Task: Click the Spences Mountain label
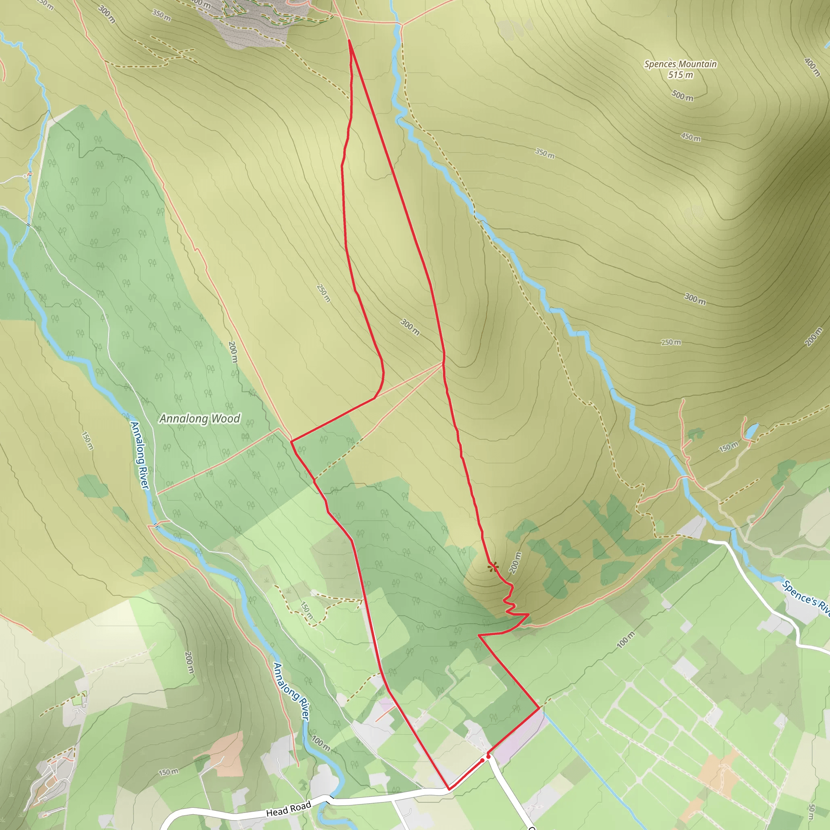680,64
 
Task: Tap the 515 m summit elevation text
680,75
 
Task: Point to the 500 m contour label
682,95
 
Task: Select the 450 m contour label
690,137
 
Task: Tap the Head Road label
288,809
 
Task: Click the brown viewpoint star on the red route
493,567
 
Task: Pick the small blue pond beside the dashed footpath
752,430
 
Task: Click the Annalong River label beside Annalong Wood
140,456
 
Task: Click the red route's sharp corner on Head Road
449,789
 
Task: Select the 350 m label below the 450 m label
545,153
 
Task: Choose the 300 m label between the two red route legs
410,327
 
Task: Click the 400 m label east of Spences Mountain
812,67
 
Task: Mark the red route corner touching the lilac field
539,708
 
